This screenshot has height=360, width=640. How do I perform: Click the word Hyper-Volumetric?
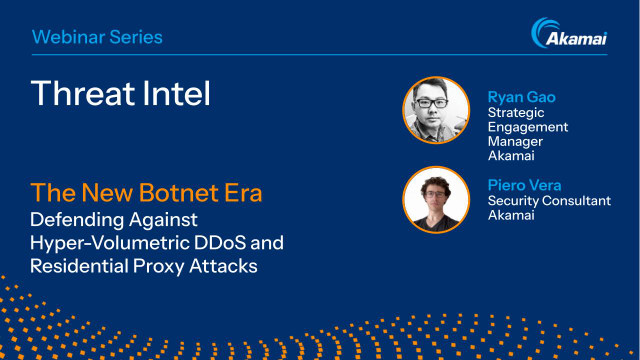(107, 242)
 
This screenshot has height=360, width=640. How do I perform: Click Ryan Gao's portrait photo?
(436, 110)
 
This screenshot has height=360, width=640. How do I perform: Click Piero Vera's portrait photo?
(436, 200)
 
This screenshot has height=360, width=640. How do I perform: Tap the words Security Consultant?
(547, 201)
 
